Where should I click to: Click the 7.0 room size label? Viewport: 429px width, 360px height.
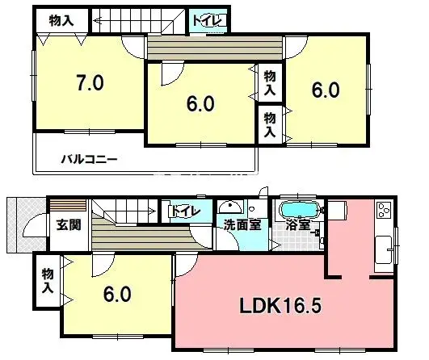coord(89,82)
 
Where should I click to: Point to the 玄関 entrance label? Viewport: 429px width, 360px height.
coord(68,225)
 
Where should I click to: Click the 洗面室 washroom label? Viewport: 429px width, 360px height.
coord(242,225)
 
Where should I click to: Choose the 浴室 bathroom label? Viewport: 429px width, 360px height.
coord(299,225)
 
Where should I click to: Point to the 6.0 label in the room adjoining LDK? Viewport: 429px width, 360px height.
coord(117,295)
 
